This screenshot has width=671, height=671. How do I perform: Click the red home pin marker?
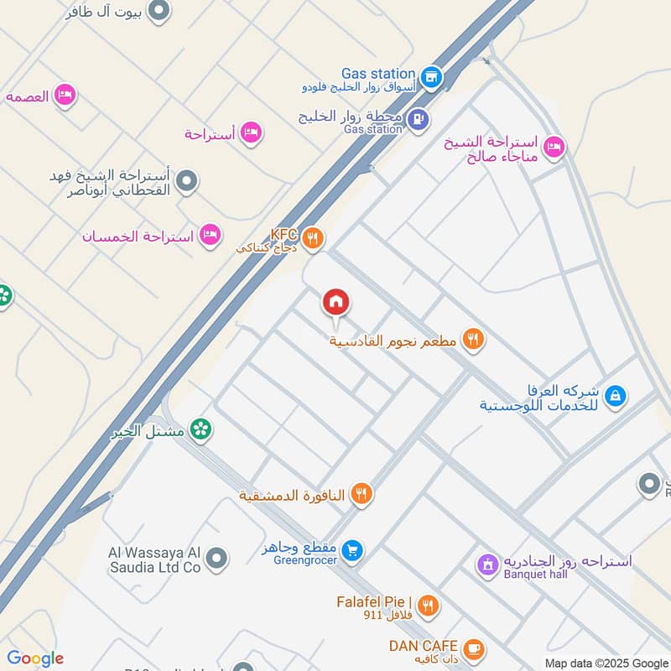[336, 302]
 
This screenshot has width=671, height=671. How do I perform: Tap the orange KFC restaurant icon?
[313, 239]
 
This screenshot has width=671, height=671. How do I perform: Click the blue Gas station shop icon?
[430, 76]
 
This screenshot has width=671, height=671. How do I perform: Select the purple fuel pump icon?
[418, 121]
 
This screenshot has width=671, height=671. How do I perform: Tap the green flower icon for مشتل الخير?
[201, 430]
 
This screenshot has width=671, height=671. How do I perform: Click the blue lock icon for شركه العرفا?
[615, 395]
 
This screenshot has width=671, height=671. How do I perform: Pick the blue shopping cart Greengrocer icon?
[353, 549]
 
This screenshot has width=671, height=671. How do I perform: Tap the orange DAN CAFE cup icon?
[474, 648]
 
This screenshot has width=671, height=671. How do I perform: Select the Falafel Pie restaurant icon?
[428, 605]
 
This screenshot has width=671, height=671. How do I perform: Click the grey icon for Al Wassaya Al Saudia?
[217, 557]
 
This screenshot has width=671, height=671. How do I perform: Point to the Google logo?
[35, 658]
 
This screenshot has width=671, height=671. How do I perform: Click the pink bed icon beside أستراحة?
[250, 133]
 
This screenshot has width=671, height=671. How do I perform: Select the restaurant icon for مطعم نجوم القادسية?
[474, 340]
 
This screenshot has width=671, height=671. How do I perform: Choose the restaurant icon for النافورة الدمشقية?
[362, 494]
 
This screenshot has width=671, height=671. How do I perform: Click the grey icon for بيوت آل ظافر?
[159, 11]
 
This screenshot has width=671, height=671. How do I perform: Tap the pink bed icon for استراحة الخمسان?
[211, 236]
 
